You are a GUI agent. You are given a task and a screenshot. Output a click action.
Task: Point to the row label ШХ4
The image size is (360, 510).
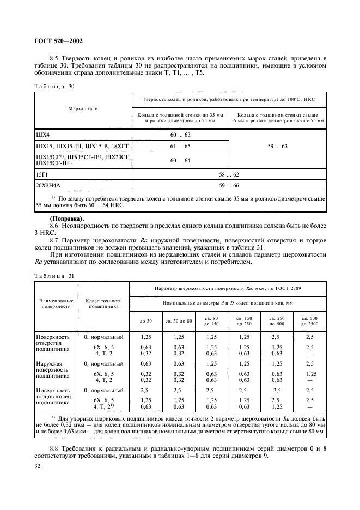point(42,135)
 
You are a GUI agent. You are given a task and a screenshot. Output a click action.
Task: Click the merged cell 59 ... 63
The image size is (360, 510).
point(277,147)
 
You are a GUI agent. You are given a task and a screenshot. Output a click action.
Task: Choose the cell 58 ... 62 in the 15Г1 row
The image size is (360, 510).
point(228,174)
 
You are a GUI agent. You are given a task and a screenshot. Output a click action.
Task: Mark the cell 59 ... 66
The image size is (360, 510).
point(228,185)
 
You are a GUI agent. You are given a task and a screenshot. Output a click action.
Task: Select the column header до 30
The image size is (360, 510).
point(146,320)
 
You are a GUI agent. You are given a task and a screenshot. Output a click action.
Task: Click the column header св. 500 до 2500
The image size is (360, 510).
point(310,320)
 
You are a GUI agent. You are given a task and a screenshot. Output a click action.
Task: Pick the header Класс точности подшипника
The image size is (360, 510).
point(103,303)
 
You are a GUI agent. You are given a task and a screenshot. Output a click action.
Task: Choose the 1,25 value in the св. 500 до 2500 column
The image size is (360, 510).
point(310,374)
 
